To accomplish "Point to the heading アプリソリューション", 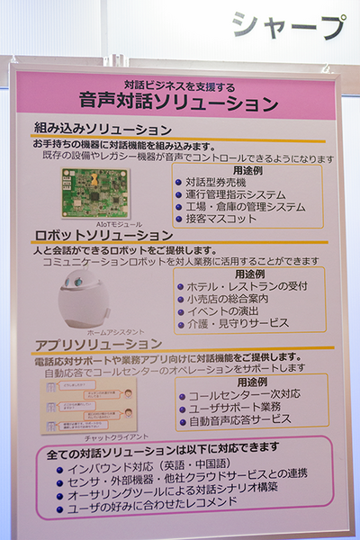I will point(97,344).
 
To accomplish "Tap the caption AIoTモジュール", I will point(94,222).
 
